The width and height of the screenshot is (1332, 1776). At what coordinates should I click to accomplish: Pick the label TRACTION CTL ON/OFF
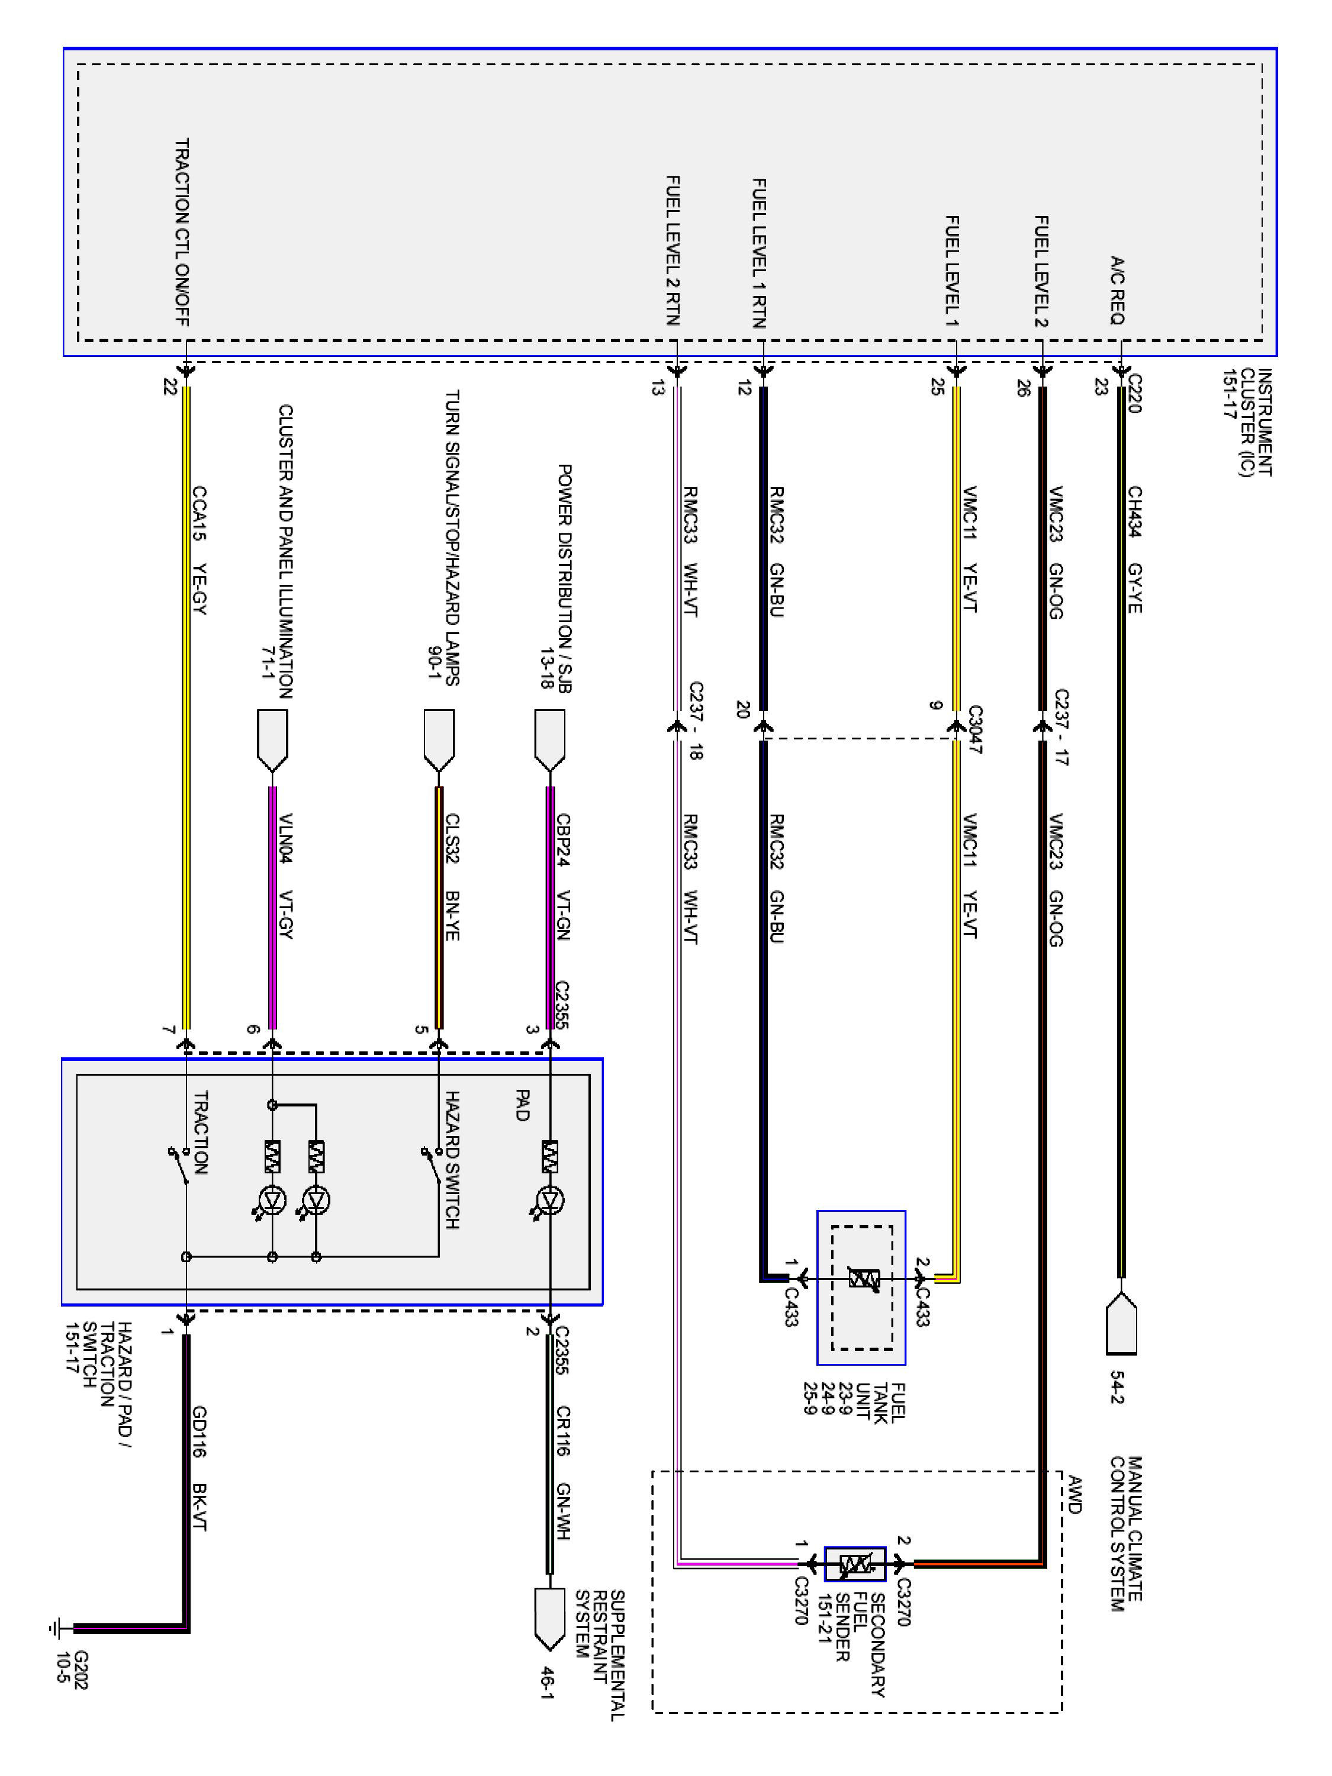[182, 233]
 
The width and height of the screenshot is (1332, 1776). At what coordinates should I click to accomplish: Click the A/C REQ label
[1117, 290]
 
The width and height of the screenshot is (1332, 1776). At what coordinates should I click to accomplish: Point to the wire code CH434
[1134, 511]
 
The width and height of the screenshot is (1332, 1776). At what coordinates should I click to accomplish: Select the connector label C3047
[974, 729]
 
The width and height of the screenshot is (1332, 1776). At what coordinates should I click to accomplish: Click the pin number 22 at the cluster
[170, 387]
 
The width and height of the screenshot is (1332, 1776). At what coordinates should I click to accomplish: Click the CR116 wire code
[563, 1431]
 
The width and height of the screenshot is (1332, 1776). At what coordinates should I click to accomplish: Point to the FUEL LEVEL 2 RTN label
[673, 250]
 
